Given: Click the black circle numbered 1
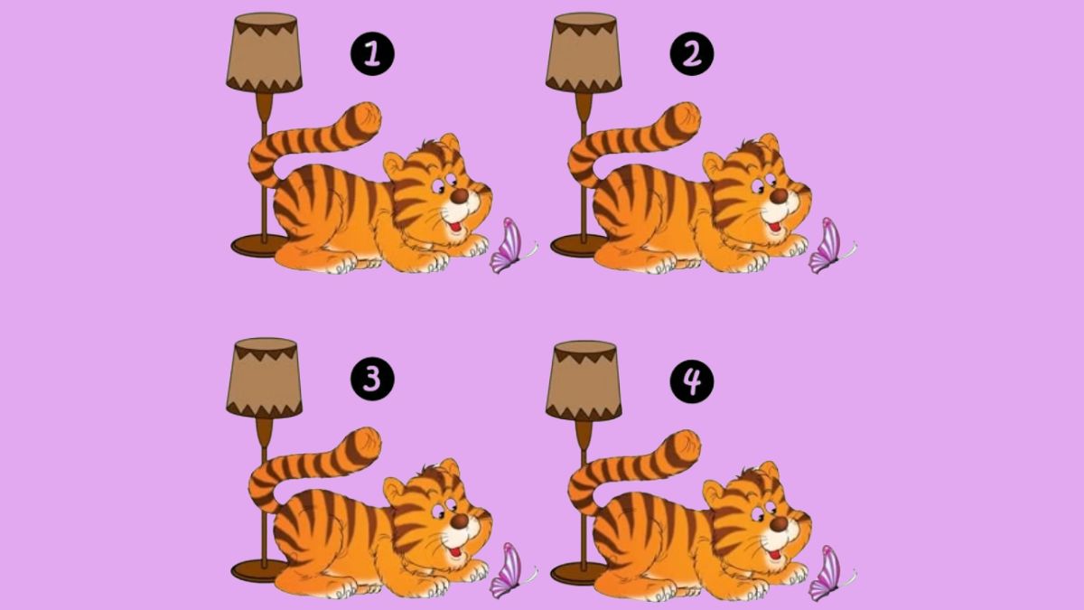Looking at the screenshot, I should tap(372, 56).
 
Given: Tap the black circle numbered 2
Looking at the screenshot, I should tap(692, 56).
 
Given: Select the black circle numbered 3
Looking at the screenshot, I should tap(372, 381).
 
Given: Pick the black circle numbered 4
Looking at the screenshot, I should tap(692, 381).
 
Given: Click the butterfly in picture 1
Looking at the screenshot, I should tap(509, 246).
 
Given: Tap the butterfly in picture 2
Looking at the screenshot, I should tap(827, 246).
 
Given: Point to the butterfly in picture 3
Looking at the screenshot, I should tap(509, 571).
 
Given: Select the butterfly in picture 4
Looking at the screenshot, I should tap(827, 571).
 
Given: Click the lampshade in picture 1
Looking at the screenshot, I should tap(264, 52).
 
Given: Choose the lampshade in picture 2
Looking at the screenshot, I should tap(584, 52).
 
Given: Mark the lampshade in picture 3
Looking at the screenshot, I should tap(264, 378).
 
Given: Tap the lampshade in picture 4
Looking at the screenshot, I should tap(584, 378).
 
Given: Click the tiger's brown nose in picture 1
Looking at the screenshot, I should tap(460, 196).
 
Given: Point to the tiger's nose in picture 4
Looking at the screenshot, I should tap(779, 521).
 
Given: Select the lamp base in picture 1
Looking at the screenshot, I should tap(257, 245).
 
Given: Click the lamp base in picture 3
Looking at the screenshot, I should tap(257, 570).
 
